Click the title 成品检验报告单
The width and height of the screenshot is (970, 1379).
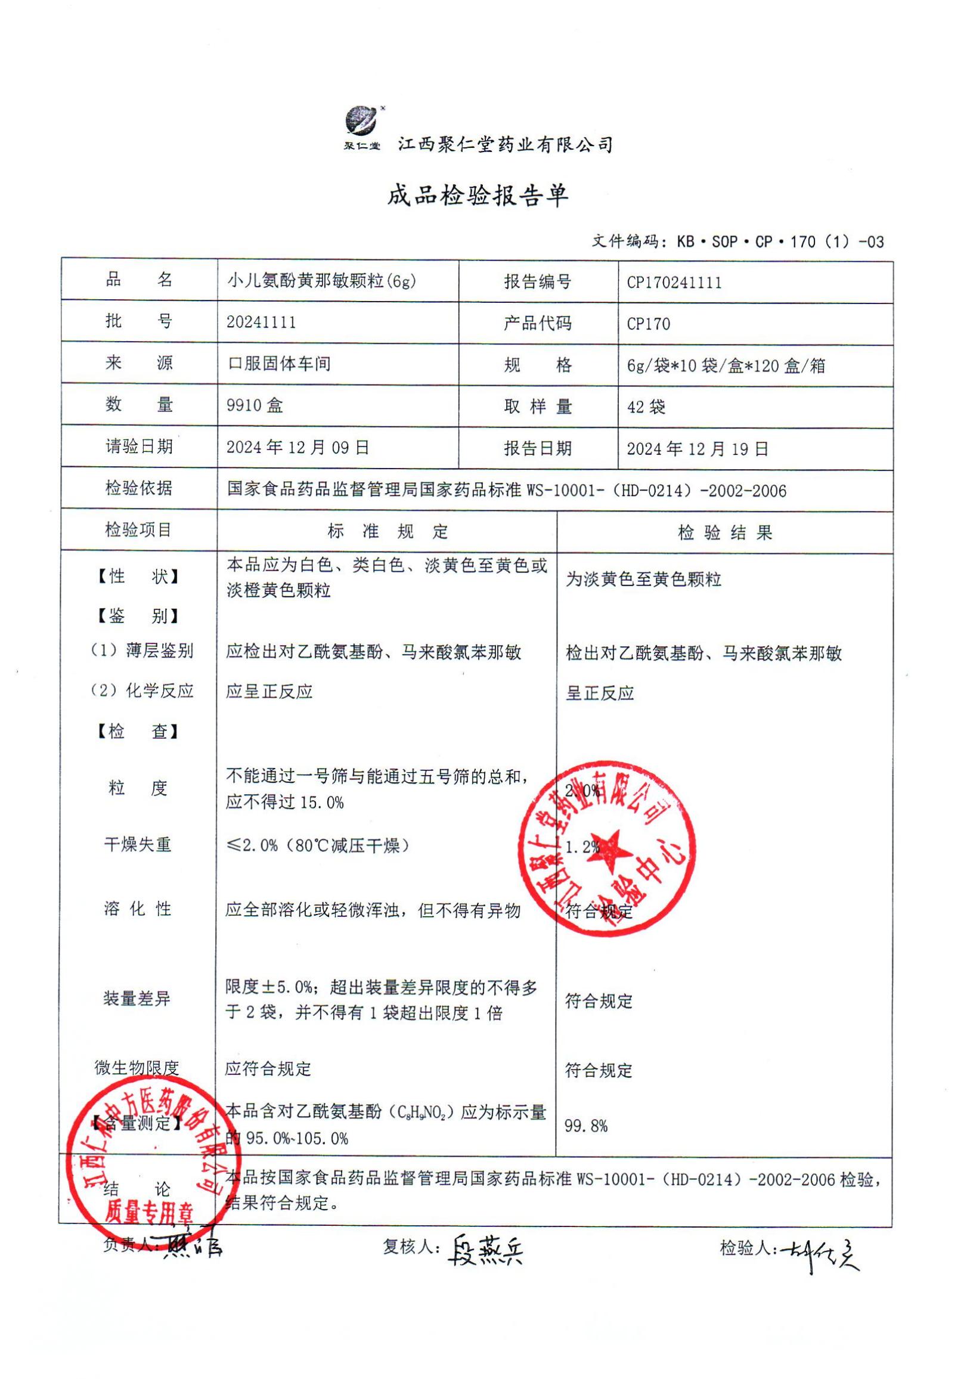[x=478, y=196]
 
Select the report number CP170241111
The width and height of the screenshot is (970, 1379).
[x=674, y=283]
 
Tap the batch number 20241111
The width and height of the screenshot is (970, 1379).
[x=261, y=323]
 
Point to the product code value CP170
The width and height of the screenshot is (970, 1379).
[x=648, y=324]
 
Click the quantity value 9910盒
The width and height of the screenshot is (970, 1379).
[x=255, y=405]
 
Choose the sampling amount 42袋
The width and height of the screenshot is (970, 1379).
[x=646, y=407]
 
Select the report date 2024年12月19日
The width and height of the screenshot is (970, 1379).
[x=698, y=449]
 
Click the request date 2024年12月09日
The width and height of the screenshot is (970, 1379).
[x=297, y=448]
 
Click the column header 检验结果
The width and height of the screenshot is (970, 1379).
[x=724, y=533]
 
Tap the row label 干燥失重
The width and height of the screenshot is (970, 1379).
[x=138, y=845]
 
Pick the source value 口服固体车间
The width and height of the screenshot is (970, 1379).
[x=278, y=364]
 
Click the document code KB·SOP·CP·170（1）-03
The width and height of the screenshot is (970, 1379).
[x=780, y=242]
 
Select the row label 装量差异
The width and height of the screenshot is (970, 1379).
[x=137, y=999]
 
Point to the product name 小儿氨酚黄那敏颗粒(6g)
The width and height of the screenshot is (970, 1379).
[x=321, y=281]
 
